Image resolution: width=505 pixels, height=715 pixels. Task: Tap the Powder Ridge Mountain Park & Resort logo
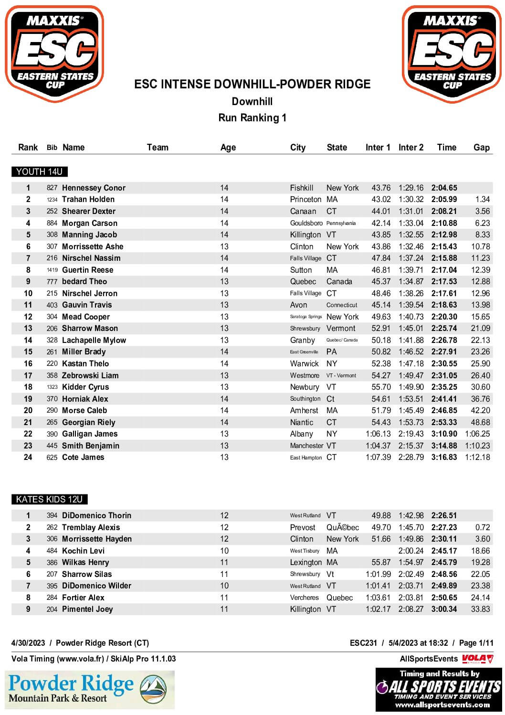point(90,689)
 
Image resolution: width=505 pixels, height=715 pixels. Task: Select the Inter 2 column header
point(410,147)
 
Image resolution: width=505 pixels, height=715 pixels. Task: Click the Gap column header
point(481,147)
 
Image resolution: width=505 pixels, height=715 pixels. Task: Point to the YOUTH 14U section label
point(39,171)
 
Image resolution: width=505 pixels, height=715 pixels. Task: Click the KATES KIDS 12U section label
point(49,499)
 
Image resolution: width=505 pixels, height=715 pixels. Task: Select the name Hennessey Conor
point(94,188)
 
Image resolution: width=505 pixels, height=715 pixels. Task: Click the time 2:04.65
point(444,188)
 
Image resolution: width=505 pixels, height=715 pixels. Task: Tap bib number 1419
point(52,270)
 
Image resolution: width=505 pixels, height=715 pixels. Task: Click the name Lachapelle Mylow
point(94,340)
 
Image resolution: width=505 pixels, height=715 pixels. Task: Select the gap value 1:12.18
point(477,457)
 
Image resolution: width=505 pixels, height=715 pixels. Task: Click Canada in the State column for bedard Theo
point(339,281)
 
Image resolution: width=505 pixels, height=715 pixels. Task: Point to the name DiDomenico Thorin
point(96,515)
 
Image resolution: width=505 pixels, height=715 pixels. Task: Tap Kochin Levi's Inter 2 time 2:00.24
point(411,551)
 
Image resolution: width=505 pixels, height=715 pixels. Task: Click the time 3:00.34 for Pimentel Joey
point(444,609)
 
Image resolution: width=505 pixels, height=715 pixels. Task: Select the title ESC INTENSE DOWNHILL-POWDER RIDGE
point(252,84)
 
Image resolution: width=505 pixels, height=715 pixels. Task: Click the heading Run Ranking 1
point(252,117)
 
